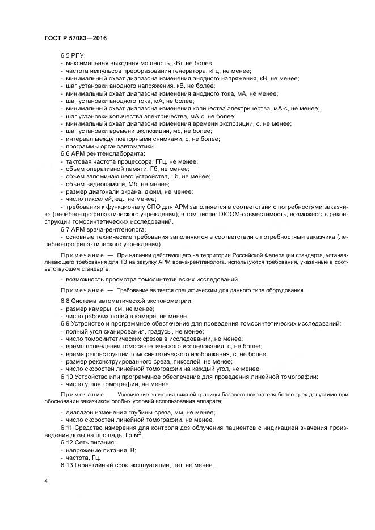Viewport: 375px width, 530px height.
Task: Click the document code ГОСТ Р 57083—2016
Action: [x=75, y=37]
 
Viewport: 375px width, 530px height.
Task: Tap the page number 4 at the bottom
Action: [x=46, y=481]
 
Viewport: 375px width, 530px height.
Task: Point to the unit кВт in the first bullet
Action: [x=174, y=63]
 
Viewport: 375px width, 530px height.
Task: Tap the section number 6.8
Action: [x=66, y=300]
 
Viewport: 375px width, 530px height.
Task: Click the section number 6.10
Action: [x=68, y=375]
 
